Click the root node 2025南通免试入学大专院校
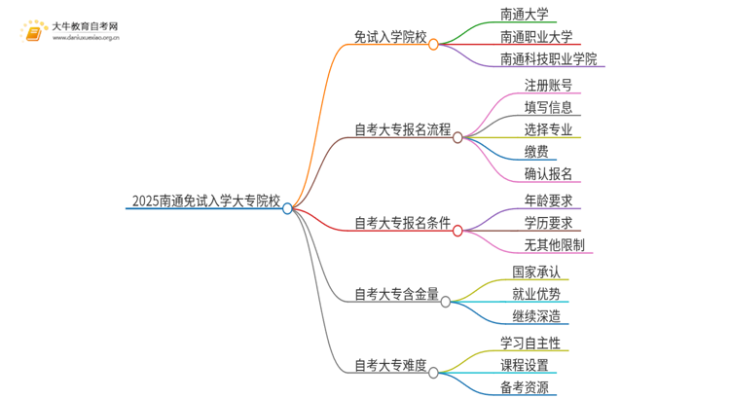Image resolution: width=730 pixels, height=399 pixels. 204,203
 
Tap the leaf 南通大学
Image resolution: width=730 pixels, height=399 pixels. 529,16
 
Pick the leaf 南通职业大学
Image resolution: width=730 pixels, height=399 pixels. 535,38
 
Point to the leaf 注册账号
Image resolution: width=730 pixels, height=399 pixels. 548,84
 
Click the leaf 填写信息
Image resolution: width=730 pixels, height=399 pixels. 548,107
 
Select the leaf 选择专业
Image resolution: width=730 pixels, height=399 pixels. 548,129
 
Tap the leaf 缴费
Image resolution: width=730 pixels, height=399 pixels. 536,152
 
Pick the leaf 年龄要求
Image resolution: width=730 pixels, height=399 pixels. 548,201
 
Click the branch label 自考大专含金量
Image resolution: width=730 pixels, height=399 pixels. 396,293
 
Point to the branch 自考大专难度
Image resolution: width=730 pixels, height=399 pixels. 390,366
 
